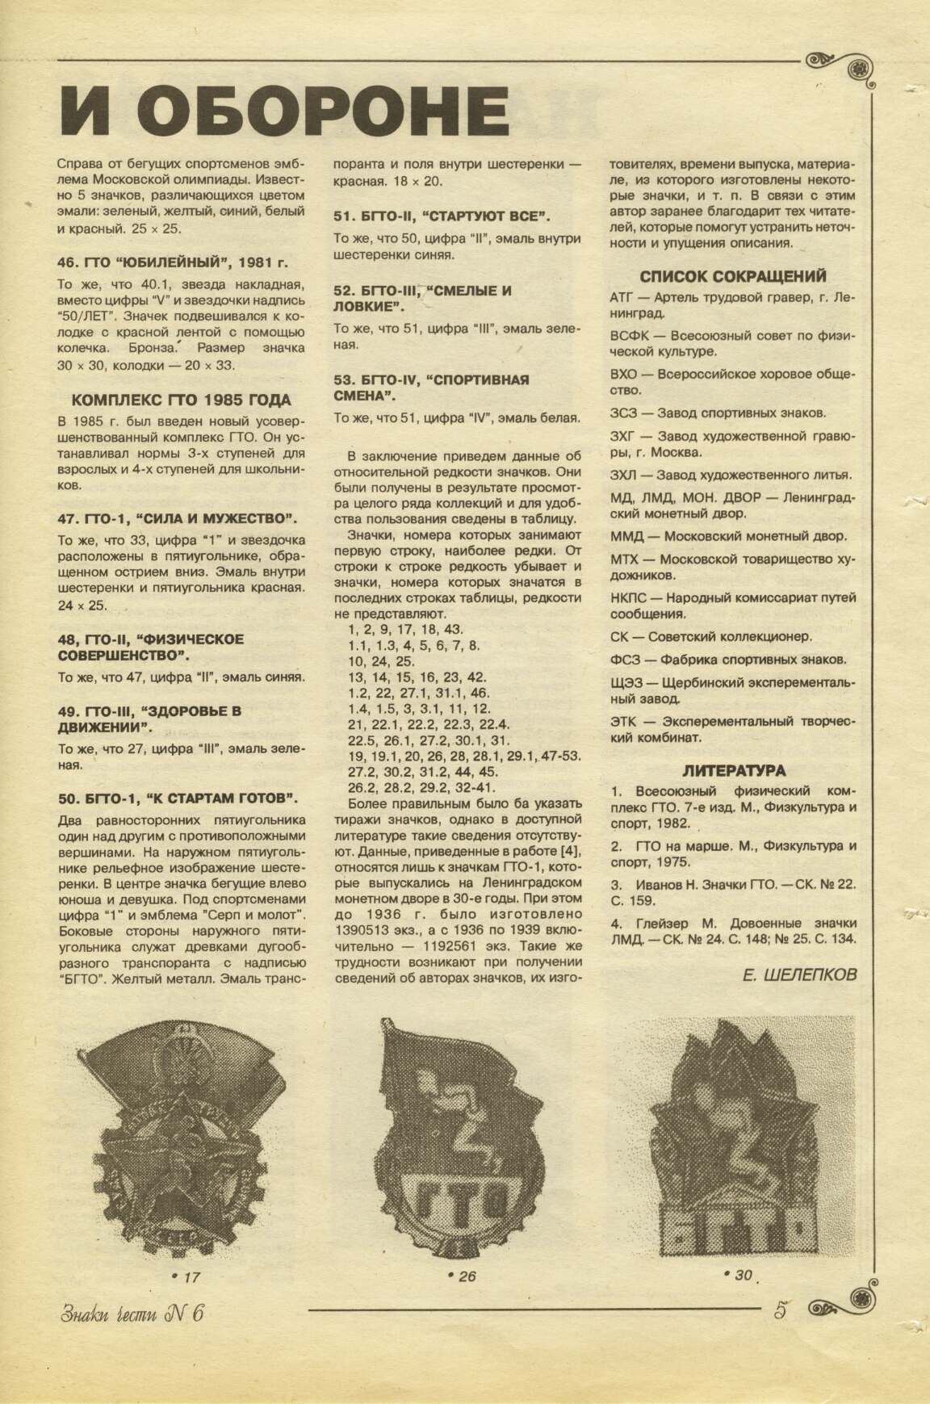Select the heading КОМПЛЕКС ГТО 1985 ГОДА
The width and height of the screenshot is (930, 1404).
click(181, 400)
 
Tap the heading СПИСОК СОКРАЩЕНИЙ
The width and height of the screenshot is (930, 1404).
click(732, 276)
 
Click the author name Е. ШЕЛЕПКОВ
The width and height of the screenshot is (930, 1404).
click(798, 974)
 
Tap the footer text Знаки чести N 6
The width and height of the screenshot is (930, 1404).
click(132, 1312)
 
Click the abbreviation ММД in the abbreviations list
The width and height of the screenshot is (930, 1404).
click(626, 535)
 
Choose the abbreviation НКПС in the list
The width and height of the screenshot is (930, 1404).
click(629, 598)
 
